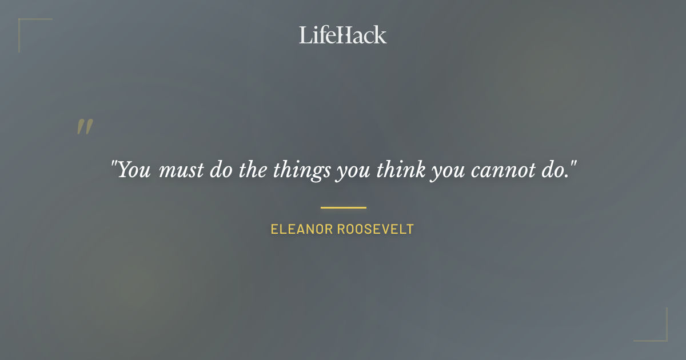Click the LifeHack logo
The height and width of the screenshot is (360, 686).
click(343, 35)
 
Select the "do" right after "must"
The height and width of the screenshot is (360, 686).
click(220, 170)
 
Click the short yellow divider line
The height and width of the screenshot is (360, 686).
click(343, 207)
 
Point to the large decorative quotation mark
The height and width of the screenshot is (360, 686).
click(84, 127)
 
